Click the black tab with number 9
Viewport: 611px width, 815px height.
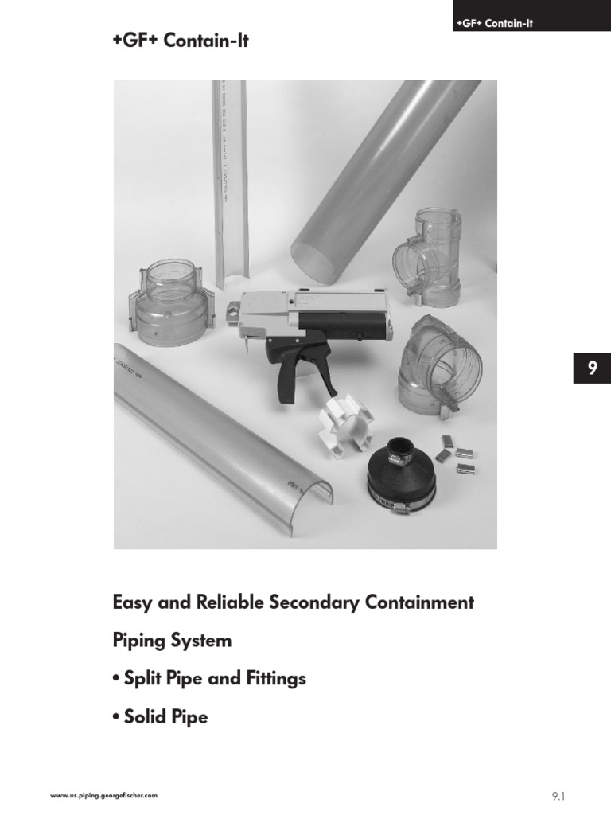[591, 369]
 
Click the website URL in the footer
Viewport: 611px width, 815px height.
[103, 795]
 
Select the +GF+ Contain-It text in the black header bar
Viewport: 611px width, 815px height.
[494, 24]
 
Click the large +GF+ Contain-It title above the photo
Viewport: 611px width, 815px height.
[181, 41]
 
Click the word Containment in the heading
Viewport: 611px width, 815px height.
[419, 602]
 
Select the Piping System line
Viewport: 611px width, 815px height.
[173, 641]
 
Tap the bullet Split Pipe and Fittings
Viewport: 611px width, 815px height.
[210, 679]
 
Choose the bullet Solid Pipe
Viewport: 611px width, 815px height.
[161, 717]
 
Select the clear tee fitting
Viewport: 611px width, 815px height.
[427, 254]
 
